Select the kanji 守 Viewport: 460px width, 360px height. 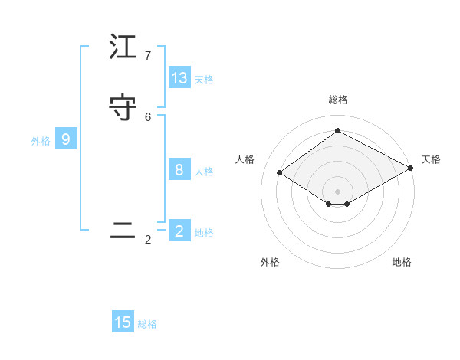(123, 108)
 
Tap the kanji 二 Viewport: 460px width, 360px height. (123, 231)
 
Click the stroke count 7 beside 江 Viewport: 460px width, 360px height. (148, 56)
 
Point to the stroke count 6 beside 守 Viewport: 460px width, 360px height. (148, 116)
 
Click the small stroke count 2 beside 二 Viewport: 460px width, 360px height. (148, 240)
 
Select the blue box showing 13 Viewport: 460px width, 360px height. (179, 78)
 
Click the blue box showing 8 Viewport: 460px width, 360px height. (179, 170)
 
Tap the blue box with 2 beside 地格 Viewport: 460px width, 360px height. (179, 231)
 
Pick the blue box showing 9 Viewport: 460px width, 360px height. (66, 139)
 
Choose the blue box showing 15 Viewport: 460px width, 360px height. (123, 322)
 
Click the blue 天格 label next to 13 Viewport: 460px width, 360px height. (204, 79)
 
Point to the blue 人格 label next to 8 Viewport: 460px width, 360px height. (204, 172)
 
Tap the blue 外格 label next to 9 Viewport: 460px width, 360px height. (41, 141)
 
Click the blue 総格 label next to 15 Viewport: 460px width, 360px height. (147, 324)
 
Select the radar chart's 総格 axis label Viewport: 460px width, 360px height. (337, 100)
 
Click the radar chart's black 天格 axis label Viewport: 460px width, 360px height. (431, 159)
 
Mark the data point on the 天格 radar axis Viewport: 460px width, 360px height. (411, 169)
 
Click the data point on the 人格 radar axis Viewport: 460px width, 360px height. (280, 173)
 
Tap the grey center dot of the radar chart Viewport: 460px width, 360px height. (337, 191)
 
